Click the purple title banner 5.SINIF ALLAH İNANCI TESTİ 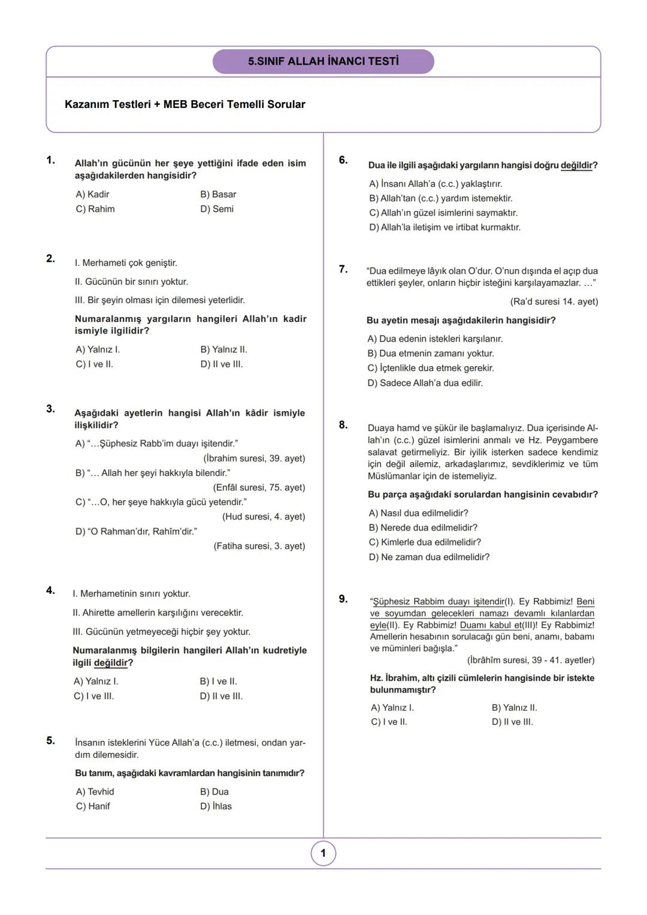pyautogui.click(x=323, y=62)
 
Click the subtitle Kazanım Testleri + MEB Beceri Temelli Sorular pyautogui.click(x=185, y=104)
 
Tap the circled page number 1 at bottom pyautogui.click(x=323, y=853)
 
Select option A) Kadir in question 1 pyautogui.click(x=92, y=194)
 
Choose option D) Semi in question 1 pyautogui.click(x=217, y=209)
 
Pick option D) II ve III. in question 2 pyautogui.click(x=221, y=364)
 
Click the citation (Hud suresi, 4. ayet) pyautogui.click(x=263, y=517)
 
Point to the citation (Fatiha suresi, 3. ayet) pyautogui.click(x=259, y=546)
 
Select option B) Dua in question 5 pyautogui.click(x=214, y=792)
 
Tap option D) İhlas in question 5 pyautogui.click(x=216, y=807)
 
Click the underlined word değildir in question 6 pyautogui.click(x=576, y=165)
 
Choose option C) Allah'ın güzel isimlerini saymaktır pyautogui.click(x=443, y=213)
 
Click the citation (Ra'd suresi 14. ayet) pyautogui.click(x=554, y=301)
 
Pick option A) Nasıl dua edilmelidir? pyautogui.click(x=418, y=513)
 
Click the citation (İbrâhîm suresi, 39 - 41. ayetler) pyautogui.click(x=530, y=660)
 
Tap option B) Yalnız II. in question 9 pyautogui.click(x=514, y=708)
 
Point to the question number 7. pyautogui.click(x=343, y=269)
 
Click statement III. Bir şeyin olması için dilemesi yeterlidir pyautogui.click(x=159, y=300)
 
